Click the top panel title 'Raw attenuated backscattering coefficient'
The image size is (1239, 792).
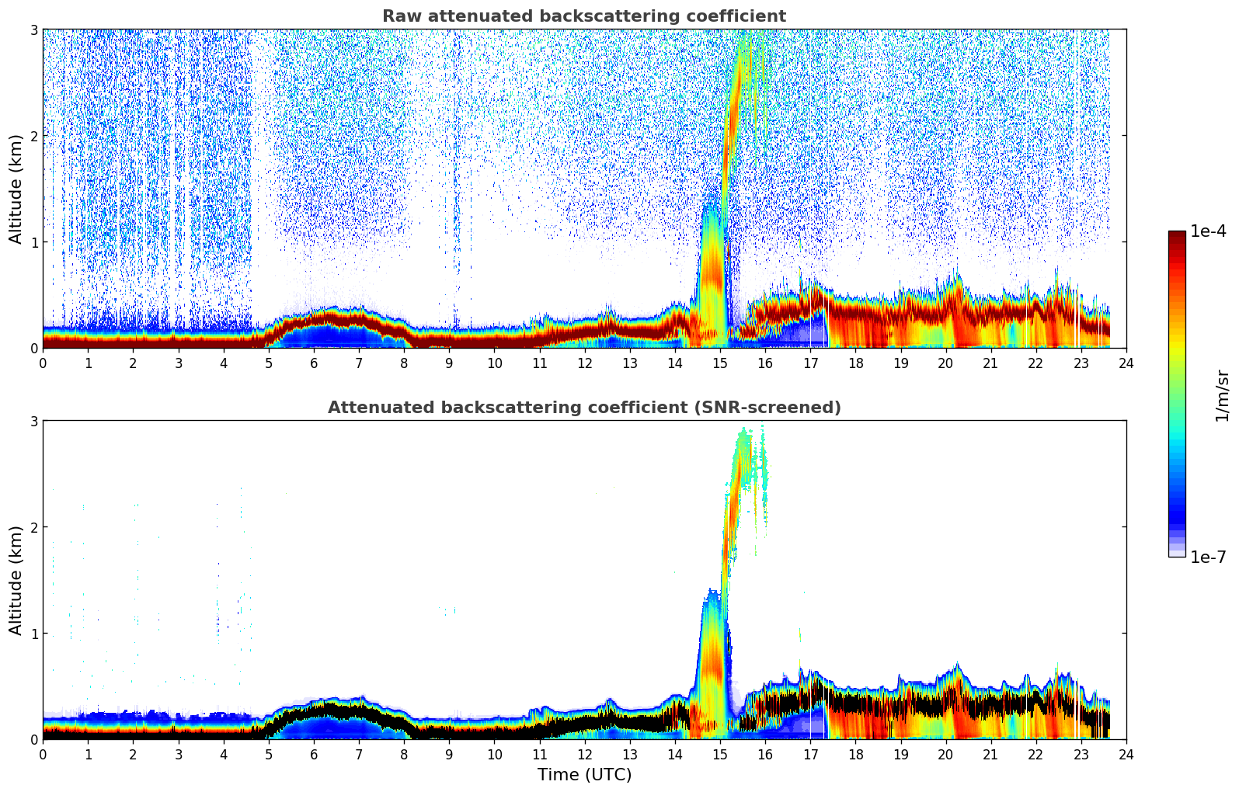(583, 16)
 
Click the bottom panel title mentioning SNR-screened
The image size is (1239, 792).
(583, 408)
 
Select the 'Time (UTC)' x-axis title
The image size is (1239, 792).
(584, 775)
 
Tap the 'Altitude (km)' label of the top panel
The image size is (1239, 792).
(16, 189)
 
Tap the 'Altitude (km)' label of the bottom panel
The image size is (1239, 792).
(16, 580)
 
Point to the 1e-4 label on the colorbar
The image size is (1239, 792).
(1207, 231)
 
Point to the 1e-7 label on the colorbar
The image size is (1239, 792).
(1207, 557)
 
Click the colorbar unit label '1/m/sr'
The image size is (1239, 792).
(1222, 395)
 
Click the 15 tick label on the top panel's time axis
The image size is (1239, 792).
(720, 363)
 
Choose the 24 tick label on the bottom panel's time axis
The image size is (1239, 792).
(1126, 754)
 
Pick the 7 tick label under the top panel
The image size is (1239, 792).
(359, 363)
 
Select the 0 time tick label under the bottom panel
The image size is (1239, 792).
(43, 754)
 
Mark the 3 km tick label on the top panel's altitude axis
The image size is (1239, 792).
(34, 30)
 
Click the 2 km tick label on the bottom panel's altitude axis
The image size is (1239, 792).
(34, 527)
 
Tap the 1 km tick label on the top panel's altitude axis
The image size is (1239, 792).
(34, 242)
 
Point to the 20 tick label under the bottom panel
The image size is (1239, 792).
(945, 754)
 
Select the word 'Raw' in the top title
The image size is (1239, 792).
(398, 16)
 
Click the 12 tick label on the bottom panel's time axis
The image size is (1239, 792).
(584, 754)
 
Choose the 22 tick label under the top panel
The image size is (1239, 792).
(1036, 363)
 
